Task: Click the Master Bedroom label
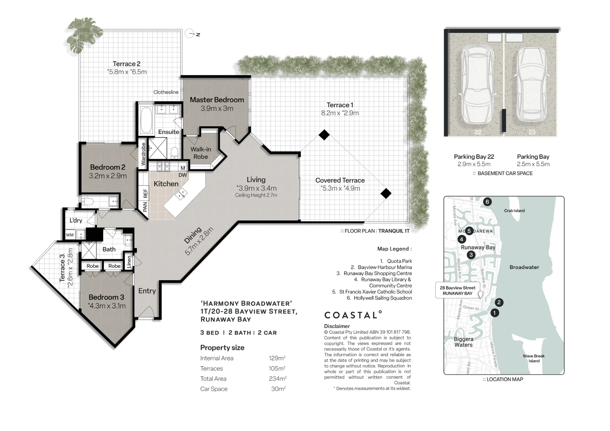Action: (x=217, y=100)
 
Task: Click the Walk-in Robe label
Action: (x=201, y=153)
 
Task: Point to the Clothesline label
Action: (x=166, y=92)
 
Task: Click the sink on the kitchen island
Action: (x=181, y=194)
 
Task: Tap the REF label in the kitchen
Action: (x=145, y=193)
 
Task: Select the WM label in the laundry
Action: (x=70, y=235)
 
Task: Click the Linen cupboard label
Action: (x=129, y=262)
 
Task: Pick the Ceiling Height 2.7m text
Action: (x=256, y=195)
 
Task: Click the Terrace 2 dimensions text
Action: (x=127, y=72)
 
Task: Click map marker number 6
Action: (x=487, y=201)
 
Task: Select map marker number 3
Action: (x=471, y=255)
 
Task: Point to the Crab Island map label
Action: (x=514, y=211)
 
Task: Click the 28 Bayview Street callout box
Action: (x=457, y=290)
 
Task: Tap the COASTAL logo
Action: (x=353, y=315)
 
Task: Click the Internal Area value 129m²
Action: (x=277, y=358)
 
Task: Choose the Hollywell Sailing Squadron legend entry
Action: (x=379, y=298)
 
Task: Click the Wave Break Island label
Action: (x=534, y=358)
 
